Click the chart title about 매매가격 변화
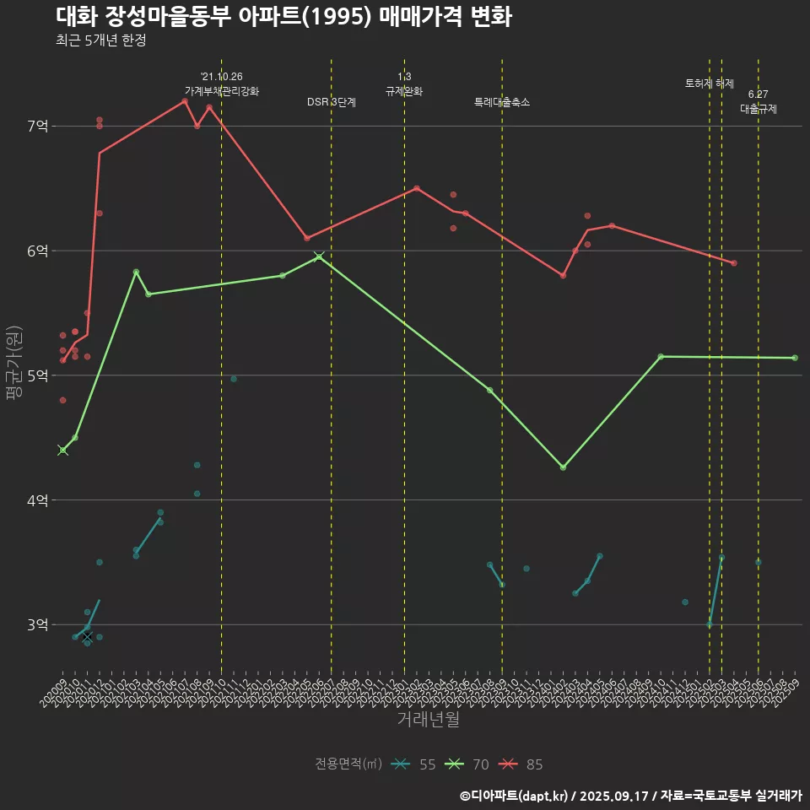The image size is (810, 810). [x=283, y=17]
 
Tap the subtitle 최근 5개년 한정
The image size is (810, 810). [x=101, y=40]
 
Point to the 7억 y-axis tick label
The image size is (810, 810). [x=38, y=127]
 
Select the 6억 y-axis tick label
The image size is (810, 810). [x=38, y=251]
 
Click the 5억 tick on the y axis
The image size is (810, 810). [x=38, y=375]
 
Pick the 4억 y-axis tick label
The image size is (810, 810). [x=38, y=500]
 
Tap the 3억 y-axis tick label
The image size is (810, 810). [x=38, y=624]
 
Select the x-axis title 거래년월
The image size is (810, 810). [x=428, y=720]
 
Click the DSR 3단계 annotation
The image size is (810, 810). [x=332, y=103]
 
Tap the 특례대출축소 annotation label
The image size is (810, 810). [x=502, y=103]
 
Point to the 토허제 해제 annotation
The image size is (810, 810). [x=710, y=84]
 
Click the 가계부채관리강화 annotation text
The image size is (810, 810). [x=222, y=91]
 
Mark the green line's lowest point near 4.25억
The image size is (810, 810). [x=563, y=467]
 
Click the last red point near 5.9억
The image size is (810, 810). [x=734, y=263]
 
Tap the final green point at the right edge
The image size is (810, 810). [x=795, y=358]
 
